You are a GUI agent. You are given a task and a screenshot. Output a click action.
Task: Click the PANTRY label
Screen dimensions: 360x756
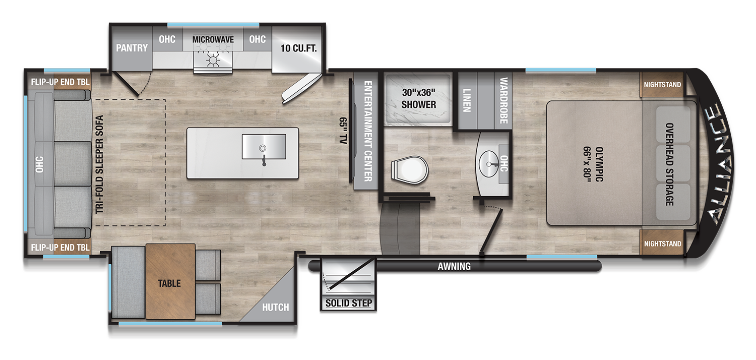point(132,48)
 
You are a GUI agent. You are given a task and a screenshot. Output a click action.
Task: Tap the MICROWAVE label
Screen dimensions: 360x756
point(213,39)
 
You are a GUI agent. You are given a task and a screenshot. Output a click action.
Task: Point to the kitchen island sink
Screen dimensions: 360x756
point(263,147)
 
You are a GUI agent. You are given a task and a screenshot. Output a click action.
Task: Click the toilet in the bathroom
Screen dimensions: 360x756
point(409,168)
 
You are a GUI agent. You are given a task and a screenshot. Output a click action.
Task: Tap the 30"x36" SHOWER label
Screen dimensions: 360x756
point(418,99)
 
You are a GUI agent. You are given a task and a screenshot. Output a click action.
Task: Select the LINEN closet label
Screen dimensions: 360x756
point(466,100)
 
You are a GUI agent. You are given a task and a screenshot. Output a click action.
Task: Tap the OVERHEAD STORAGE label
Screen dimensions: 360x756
point(670,164)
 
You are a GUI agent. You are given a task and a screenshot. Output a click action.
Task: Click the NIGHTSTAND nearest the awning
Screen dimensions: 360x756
point(662,244)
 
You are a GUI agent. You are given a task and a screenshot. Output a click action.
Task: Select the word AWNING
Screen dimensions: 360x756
point(454,266)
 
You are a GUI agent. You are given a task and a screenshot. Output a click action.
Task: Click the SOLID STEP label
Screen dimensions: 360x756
point(348,303)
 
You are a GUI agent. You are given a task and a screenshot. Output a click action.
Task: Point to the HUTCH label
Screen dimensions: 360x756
point(275,307)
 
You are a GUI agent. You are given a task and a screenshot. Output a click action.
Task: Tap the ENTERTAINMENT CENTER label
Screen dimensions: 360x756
point(367,131)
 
